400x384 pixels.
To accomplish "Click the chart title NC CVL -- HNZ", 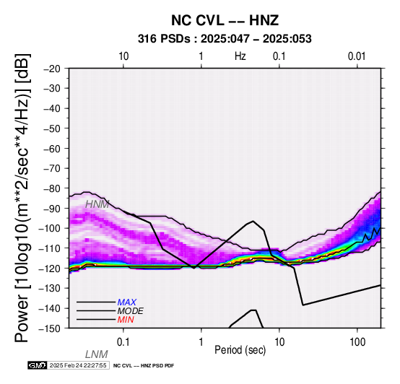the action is [x=225, y=20].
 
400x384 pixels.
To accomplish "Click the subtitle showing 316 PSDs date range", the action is [x=225, y=39].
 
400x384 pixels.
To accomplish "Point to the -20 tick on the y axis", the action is [x=52, y=69].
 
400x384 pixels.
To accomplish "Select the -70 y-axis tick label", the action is [x=52, y=168].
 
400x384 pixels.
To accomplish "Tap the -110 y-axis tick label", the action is [x=50, y=248].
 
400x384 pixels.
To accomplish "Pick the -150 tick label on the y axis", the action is [x=50, y=328].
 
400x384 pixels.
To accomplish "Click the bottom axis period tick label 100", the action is [x=357, y=342].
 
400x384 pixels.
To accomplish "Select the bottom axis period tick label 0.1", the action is [x=123, y=342].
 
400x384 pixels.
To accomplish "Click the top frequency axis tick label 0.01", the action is [x=357, y=56].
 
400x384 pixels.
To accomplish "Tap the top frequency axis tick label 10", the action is [x=123, y=56].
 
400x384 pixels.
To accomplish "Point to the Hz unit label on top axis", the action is [x=240, y=56].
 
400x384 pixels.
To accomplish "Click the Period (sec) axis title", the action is [x=240, y=350].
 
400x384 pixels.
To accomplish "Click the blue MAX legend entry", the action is [x=127, y=302].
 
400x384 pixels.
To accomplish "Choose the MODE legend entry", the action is [x=131, y=311].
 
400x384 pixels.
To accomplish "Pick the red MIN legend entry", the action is [x=126, y=320].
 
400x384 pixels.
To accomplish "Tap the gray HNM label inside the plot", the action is [x=97, y=204].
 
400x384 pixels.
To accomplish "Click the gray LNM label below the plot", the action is [x=97, y=354].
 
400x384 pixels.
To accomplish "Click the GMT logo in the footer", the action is [x=38, y=365].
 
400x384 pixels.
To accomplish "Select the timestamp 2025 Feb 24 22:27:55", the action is [x=78, y=365].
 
